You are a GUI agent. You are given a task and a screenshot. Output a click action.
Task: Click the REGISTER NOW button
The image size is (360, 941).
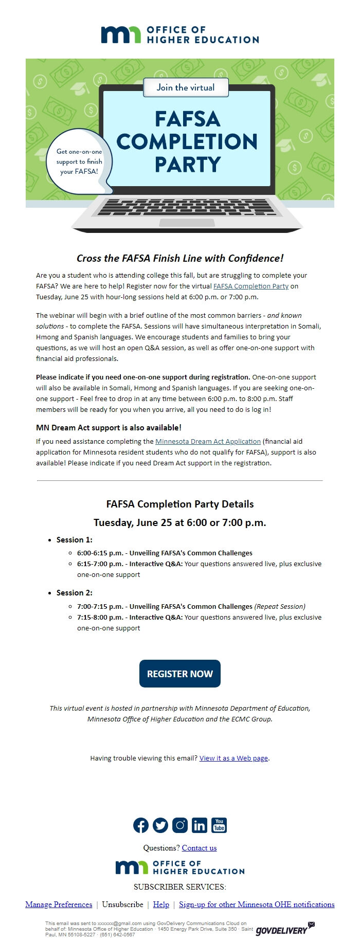(179, 674)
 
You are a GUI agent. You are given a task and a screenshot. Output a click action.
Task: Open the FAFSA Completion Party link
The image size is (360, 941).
(250, 286)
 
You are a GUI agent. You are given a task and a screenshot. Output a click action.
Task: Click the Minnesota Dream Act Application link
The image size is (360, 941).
(208, 441)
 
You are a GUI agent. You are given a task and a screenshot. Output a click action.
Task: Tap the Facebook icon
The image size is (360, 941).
(141, 825)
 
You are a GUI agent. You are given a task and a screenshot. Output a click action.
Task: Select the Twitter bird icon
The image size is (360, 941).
(160, 825)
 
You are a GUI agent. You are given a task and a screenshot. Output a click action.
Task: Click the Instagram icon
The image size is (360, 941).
(180, 825)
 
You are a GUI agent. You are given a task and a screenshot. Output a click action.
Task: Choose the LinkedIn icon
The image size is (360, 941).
(200, 825)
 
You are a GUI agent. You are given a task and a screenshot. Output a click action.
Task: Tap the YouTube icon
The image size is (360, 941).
(219, 825)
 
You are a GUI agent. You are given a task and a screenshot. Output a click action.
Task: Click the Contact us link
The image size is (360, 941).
(199, 848)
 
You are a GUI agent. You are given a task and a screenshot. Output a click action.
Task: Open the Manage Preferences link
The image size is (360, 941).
(59, 904)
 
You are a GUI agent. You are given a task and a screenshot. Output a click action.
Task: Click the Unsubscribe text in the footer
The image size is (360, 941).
(122, 904)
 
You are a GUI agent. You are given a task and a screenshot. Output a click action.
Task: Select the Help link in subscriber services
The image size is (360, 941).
(161, 904)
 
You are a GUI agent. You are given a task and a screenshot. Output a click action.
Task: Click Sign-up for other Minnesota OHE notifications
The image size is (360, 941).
(257, 904)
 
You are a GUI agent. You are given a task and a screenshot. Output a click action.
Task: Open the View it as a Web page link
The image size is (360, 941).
(233, 758)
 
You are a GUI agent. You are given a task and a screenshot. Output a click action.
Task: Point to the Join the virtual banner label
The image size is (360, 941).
(185, 87)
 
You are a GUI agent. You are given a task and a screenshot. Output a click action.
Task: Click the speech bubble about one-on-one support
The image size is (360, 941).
(79, 161)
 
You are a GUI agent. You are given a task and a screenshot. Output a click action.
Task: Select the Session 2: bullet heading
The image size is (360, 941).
(74, 593)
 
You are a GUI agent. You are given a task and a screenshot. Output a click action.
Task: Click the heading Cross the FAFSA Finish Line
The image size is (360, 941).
(180, 258)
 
